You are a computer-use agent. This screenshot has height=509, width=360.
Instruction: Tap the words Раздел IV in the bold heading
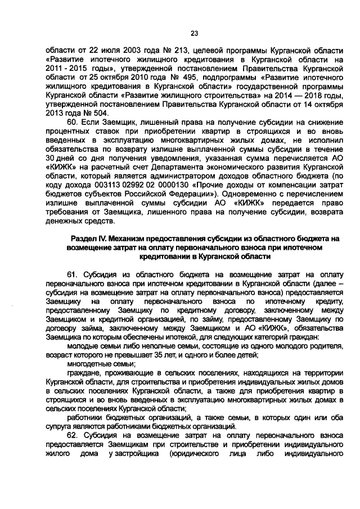[x=89, y=238]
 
